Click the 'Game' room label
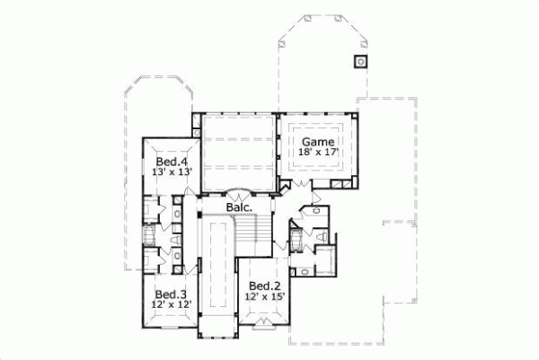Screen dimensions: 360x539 [318, 142]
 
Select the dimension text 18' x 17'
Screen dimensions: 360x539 [318, 154]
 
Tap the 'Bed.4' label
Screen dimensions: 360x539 [169, 162]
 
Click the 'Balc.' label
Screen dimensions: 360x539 [237, 206]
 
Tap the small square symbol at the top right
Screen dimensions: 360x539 [360, 61]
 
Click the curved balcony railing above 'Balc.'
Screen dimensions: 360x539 [237, 192]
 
